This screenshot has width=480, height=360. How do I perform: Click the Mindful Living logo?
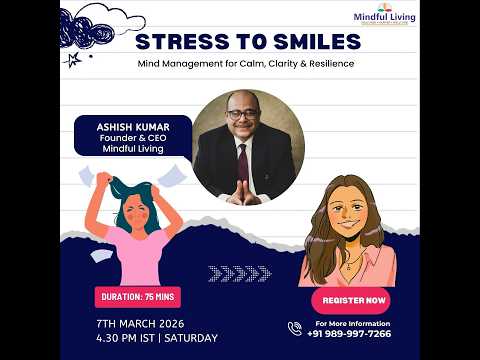point(385,14)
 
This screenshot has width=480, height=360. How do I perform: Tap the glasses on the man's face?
point(241,115)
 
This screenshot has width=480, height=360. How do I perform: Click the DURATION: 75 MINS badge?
point(138,296)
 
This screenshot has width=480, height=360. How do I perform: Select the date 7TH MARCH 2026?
point(140,322)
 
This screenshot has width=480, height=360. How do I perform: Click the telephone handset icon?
point(295,328)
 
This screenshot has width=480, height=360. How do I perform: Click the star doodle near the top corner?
point(73,59)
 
